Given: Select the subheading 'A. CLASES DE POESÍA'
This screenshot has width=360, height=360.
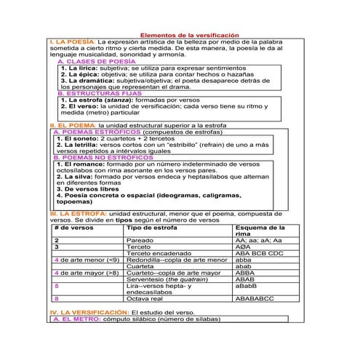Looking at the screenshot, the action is pos(95,62).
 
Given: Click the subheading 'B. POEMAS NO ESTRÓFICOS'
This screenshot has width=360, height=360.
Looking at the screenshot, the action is pos(107,157).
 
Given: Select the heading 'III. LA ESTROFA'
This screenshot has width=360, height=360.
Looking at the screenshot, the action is pos(78,213).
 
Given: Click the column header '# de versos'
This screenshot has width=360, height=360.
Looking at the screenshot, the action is pos(74,228).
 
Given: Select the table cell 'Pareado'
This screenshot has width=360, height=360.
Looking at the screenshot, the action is pos(140,240).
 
